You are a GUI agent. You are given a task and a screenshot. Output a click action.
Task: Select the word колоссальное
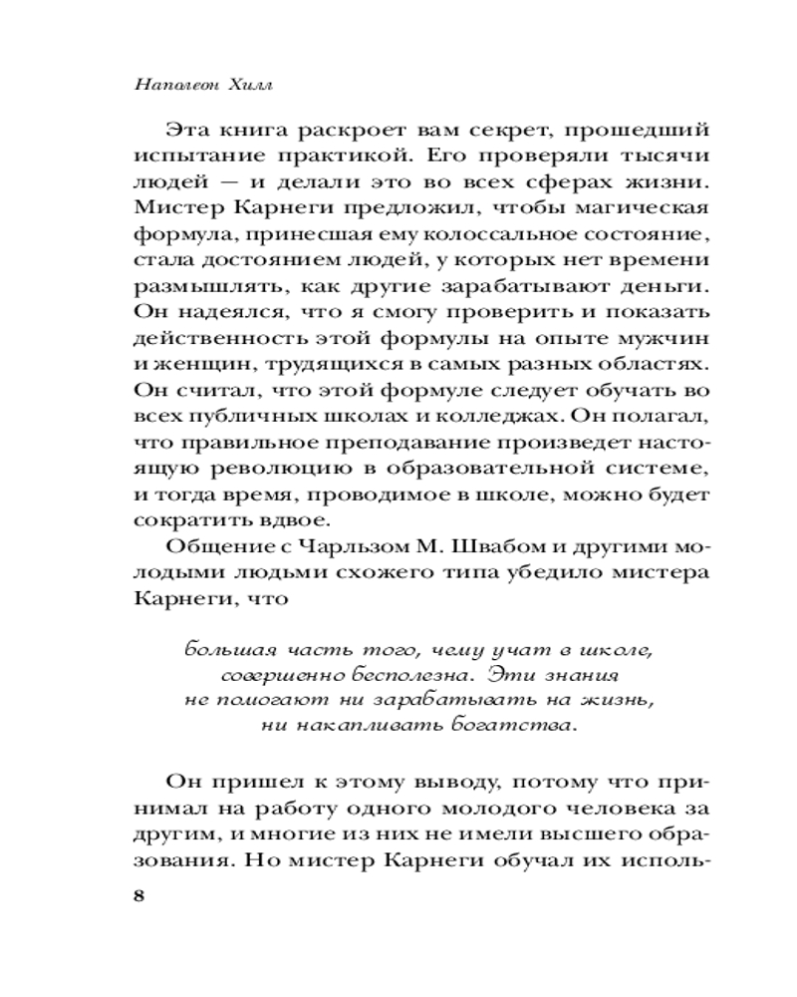[x=494, y=234]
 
